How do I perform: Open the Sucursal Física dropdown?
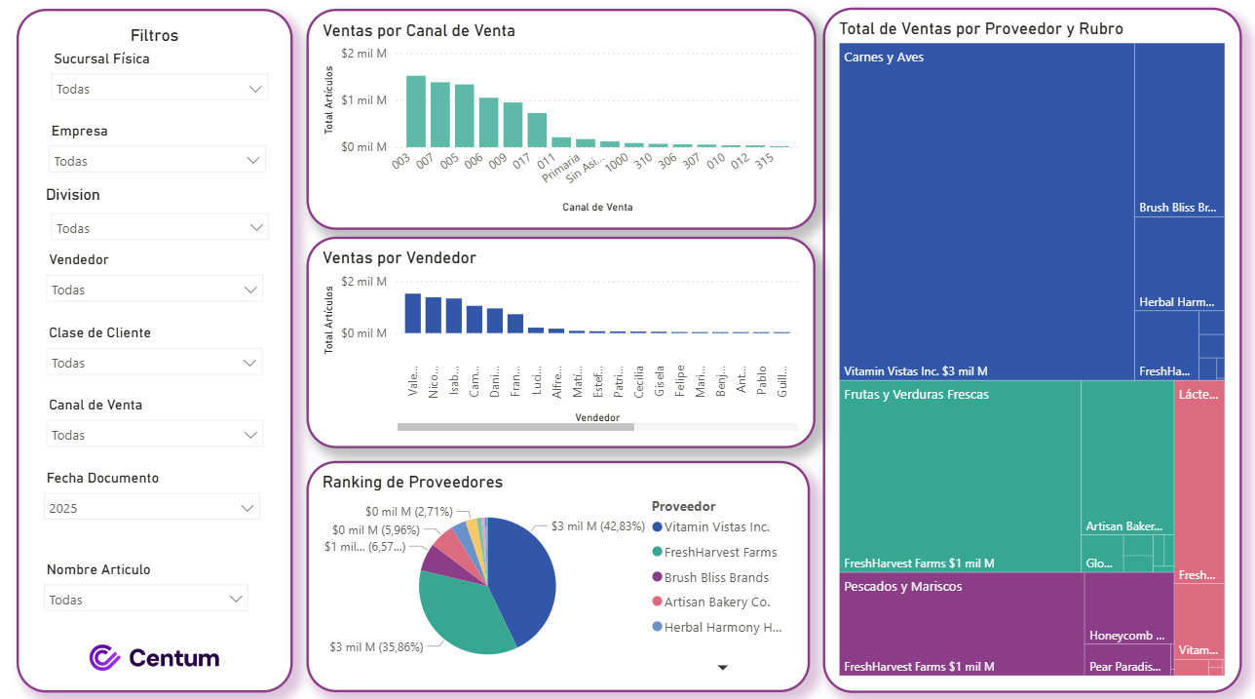click(159, 89)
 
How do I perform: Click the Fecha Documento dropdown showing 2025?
click(152, 508)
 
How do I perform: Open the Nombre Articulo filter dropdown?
click(145, 600)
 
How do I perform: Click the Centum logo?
click(154, 658)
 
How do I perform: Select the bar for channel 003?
click(416, 111)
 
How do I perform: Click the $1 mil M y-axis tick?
click(363, 100)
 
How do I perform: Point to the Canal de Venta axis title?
click(597, 207)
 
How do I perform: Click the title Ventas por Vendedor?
click(399, 258)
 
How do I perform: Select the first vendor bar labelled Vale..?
click(412, 313)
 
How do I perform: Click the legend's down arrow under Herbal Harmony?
click(723, 668)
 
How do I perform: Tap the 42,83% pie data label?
click(597, 526)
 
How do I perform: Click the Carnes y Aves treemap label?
click(884, 58)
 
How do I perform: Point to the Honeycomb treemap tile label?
click(1126, 636)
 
